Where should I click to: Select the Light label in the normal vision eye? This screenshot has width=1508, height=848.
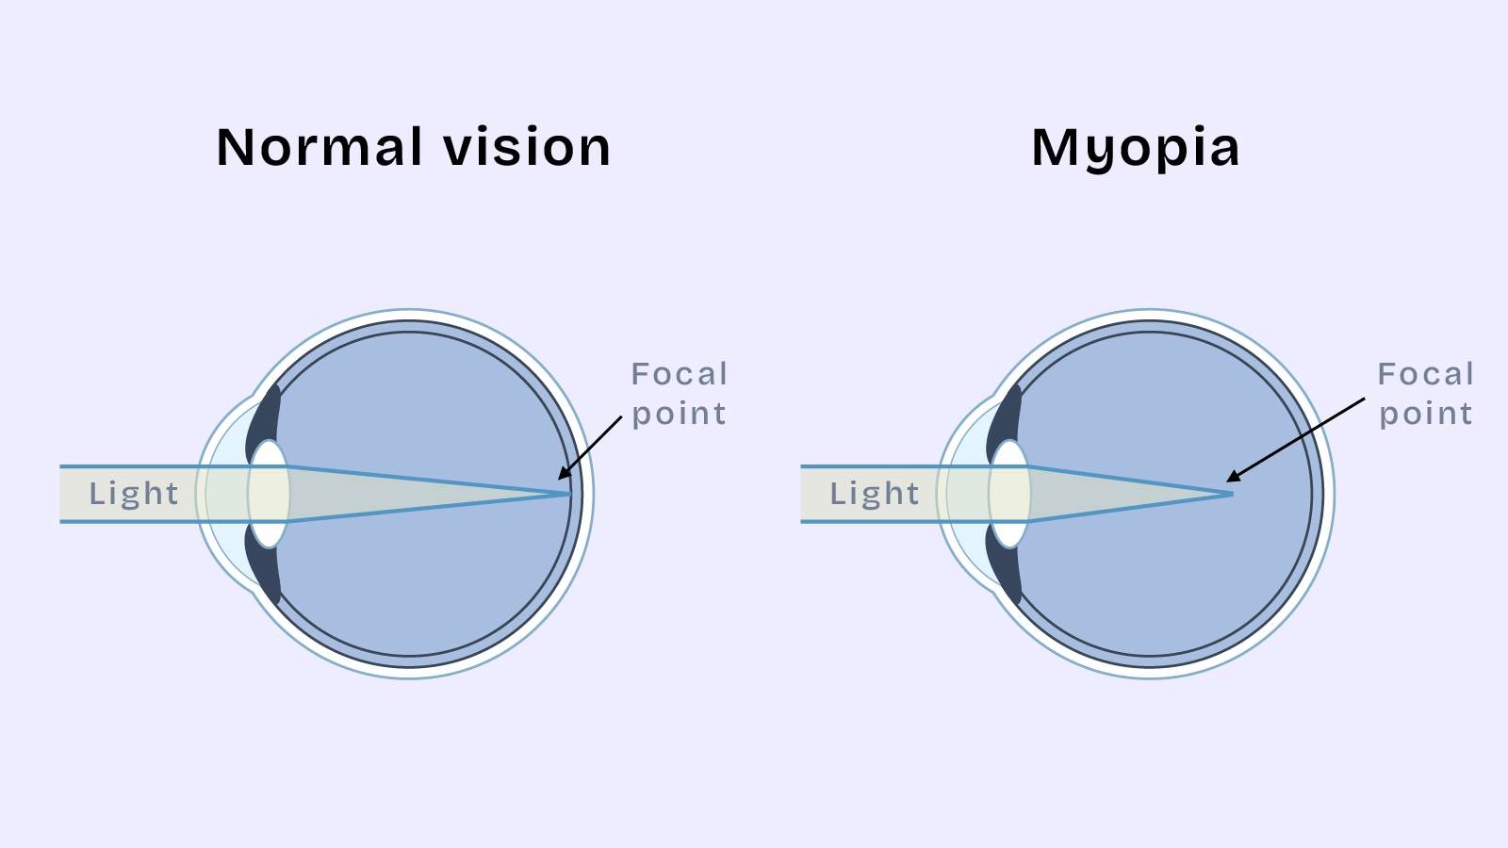click(134, 494)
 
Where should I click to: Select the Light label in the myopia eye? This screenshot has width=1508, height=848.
click(875, 494)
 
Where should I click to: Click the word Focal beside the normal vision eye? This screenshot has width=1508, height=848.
click(680, 374)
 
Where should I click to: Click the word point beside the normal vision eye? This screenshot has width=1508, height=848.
click(680, 415)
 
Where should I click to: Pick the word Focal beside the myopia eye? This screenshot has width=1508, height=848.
click(1426, 374)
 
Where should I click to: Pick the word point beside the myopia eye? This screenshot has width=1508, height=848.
click(1426, 415)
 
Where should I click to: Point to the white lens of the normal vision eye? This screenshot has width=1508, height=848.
click(269, 494)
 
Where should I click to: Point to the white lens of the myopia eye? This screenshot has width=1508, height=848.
click(1009, 494)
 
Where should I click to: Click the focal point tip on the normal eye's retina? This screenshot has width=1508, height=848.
click(568, 494)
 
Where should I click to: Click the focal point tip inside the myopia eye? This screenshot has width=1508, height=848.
click(1230, 494)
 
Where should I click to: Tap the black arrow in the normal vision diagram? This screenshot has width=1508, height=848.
click(591, 448)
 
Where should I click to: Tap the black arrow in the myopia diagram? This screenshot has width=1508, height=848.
click(1296, 440)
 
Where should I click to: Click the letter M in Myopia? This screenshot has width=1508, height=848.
click(1055, 148)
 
